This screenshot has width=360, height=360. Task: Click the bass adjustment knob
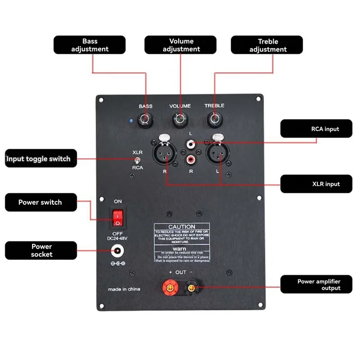coord(145,120)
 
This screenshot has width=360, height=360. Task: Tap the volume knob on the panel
coord(180,120)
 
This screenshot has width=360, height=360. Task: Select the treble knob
coord(214,120)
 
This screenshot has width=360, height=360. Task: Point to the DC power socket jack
coord(118,251)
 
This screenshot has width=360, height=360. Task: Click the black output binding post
coord(192,287)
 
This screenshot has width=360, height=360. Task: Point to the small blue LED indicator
coord(130,121)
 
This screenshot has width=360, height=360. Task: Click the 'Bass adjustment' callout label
coord(90,45)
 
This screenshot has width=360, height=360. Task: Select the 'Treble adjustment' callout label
coord(267,45)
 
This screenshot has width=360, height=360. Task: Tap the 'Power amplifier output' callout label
coord(315,284)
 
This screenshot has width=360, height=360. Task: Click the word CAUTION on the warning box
coord(181,227)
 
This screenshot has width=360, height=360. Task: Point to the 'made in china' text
coord(124,289)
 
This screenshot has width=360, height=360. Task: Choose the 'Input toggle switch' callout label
coord(39,159)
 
